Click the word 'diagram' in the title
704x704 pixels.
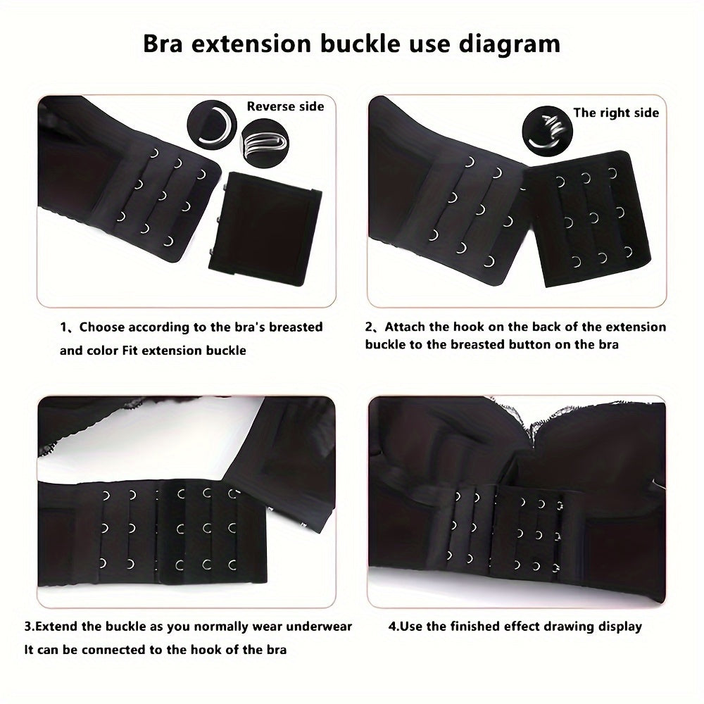[505, 44]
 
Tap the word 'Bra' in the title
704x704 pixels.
[166, 44]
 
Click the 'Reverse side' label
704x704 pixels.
[285, 106]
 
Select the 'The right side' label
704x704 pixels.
[616, 113]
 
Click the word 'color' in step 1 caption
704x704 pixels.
[103, 350]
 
